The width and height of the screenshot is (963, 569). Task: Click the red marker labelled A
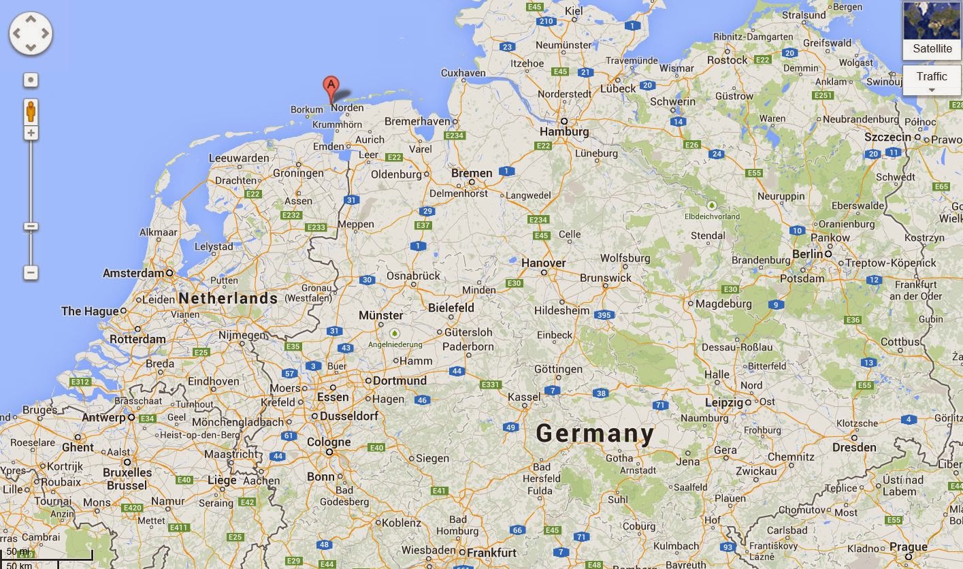coord(330,86)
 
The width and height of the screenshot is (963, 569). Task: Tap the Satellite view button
coord(932,31)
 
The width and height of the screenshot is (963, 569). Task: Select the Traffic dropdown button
coord(932,80)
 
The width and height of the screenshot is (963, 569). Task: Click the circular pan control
coord(31,33)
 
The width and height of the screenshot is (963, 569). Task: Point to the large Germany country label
coord(595,434)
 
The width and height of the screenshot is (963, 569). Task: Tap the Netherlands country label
coord(228,298)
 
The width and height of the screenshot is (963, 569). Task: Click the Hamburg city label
coord(564,131)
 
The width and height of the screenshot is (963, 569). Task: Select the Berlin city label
coord(808,254)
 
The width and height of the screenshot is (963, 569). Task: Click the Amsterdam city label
coord(133,273)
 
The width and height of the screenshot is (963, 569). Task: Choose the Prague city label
coord(908,547)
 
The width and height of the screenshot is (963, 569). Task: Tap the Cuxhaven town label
coord(463,73)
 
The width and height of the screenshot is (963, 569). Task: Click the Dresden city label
coord(854,447)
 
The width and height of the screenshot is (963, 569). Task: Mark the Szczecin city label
coord(887,137)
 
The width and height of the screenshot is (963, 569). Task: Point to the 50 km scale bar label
coord(19,564)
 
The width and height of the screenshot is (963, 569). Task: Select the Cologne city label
coord(329,442)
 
